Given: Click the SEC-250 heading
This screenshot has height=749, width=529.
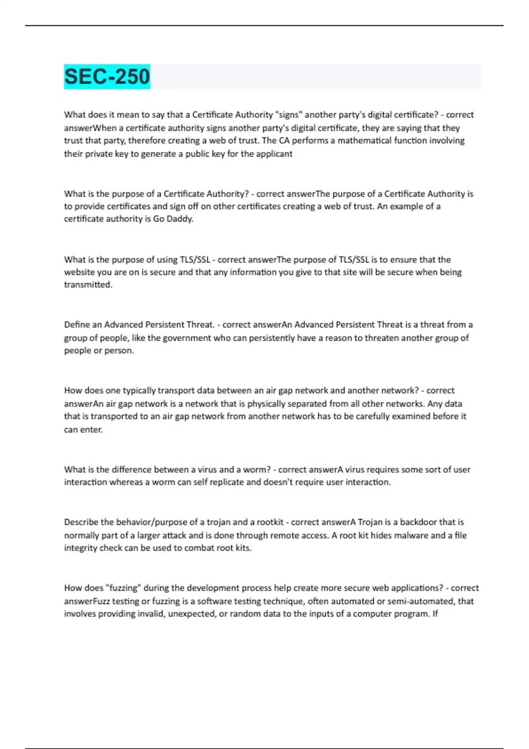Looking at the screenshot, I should (x=107, y=77).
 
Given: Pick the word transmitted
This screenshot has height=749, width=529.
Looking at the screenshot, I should (x=88, y=285).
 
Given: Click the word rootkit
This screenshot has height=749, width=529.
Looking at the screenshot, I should (x=270, y=522).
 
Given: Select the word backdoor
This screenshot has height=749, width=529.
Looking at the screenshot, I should (x=419, y=522).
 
